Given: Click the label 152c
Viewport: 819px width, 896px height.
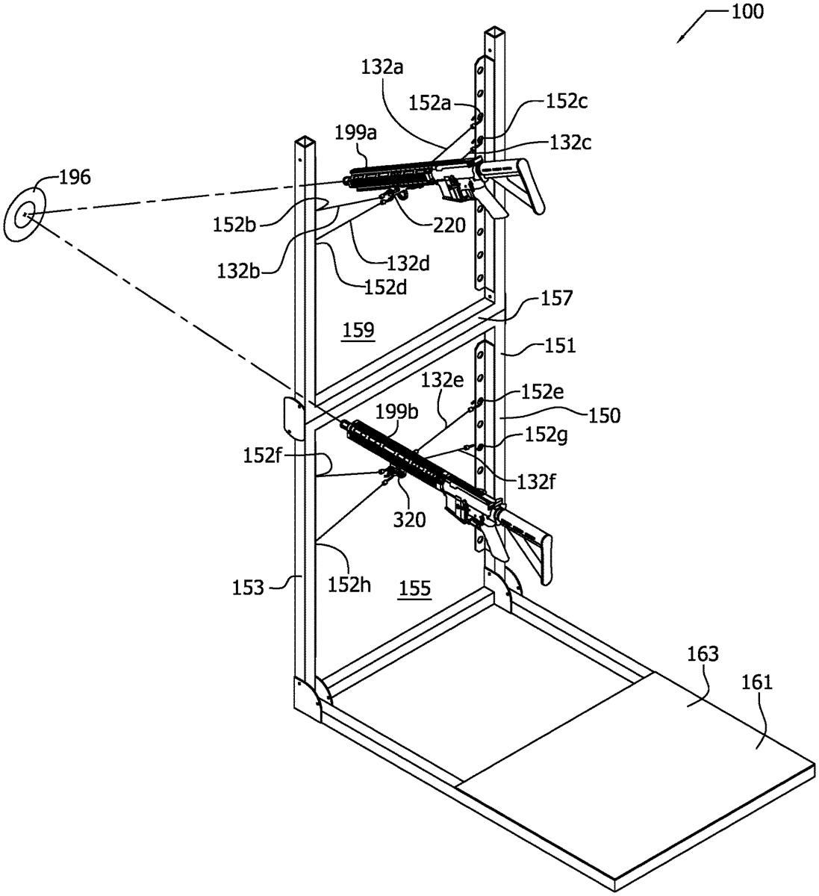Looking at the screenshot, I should click(567, 102).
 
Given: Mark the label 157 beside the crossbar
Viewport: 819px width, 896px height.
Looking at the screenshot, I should click(558, 299).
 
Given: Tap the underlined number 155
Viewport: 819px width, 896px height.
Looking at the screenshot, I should click(414, 588).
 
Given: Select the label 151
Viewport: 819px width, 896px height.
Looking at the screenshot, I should click(560, 345).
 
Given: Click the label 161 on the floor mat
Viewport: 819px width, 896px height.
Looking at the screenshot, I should click(759, 681).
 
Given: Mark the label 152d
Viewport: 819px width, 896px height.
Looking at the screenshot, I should click(388, 285).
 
